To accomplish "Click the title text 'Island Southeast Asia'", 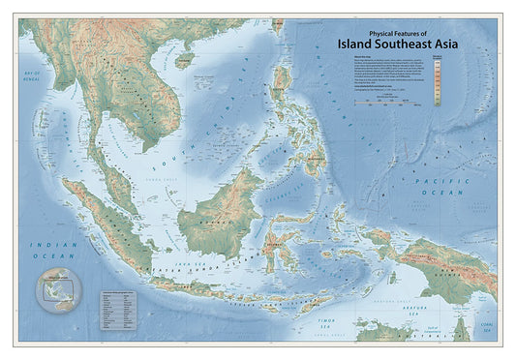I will tap(397, 43).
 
